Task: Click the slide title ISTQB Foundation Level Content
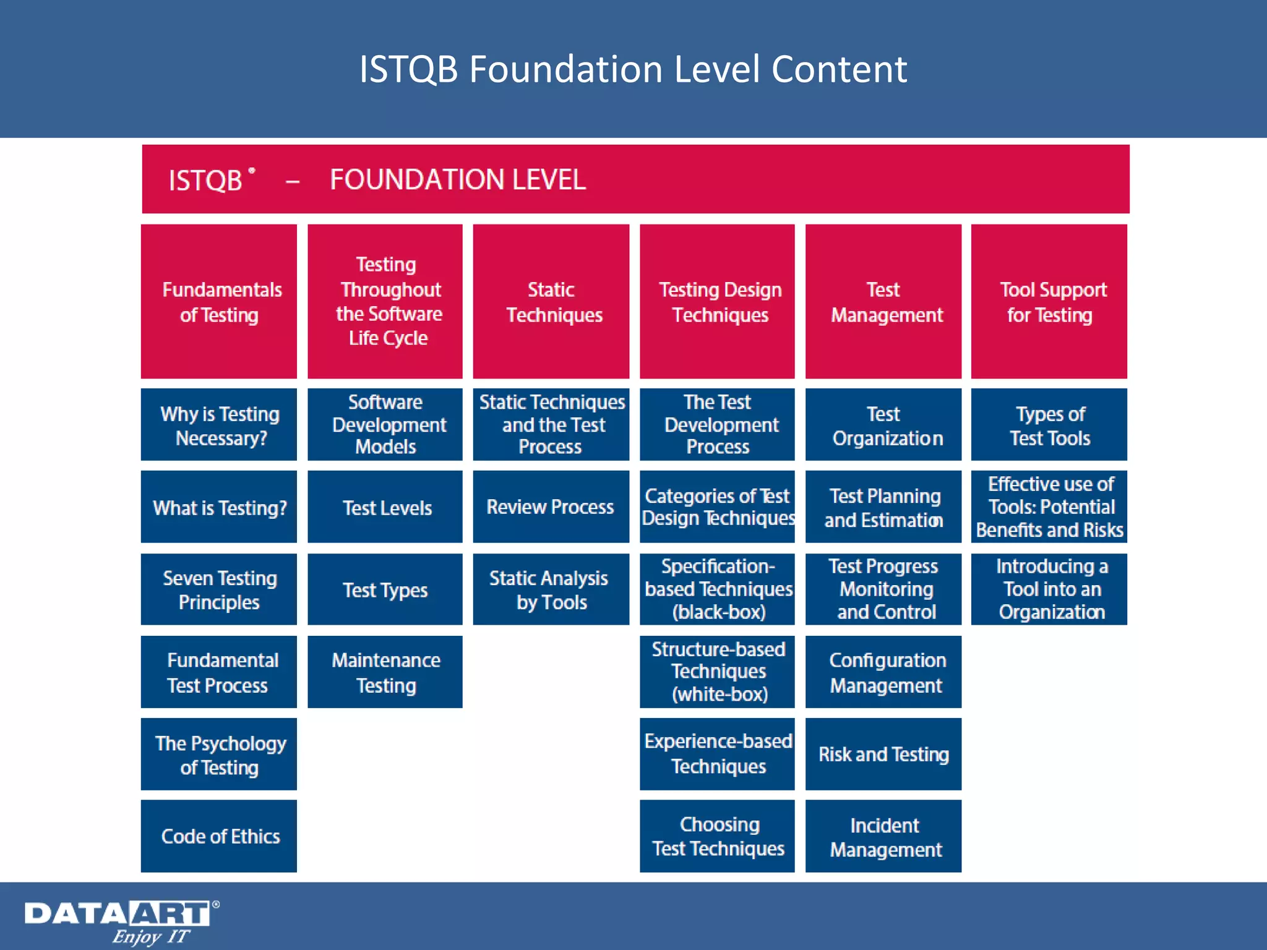[633, 69]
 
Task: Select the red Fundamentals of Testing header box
[219, 301]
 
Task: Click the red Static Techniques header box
[551, 301]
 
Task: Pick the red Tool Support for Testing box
[1049, 301]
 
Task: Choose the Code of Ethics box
[219, 836]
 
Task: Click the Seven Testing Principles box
[219, 589]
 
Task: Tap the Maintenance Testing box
[385, 672]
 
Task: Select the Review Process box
[551, 507]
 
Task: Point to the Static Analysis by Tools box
[551, 589]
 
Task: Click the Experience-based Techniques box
[717, 753]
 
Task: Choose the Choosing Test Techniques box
[717, 836]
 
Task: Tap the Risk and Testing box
[883, 753]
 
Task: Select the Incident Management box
[883, 836]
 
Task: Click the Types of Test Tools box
[1049, 424]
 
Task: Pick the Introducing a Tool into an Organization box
[1049, 589]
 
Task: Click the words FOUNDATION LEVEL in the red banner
[457, 179]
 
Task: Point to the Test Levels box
[385, 507]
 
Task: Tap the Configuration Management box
[883, 672]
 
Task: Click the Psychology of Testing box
[219, 753]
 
